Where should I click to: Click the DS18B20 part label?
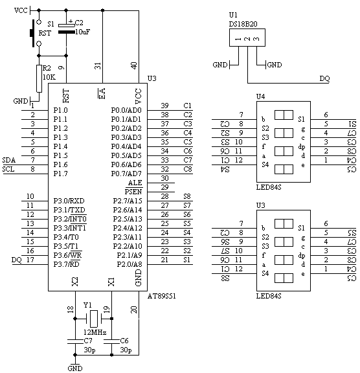click(243, 24)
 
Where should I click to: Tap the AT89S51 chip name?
click(162, 296)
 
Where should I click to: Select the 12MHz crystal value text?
click(95, 332)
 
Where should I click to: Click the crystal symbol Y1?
click(94, 319)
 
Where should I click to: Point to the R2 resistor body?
click(39, 78)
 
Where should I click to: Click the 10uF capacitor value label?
click(82, 32)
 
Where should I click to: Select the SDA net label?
click(9, 160)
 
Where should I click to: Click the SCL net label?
click(8, 169)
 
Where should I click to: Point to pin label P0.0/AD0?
click(126, 110)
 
